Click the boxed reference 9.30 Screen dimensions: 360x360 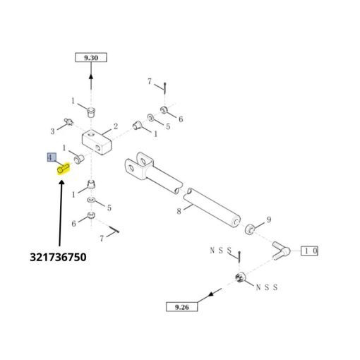pos(91,58)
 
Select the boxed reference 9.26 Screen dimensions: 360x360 pos(181,307)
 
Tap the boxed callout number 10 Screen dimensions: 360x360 pos(310,251)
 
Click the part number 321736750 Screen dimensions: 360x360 pos(58,257)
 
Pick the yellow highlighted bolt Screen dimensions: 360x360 pos(64,169)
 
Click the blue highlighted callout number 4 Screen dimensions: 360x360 pos(52,157)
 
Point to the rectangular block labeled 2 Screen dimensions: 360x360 pos(97,142)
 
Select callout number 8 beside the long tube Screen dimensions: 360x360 pos(179,211)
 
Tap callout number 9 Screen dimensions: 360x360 pos(269,220)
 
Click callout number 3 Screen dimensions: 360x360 pos(52,131)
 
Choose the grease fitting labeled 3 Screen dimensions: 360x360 pos(69,122)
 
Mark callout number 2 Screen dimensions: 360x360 pos(116,126)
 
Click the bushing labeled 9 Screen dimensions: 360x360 pos(249,229)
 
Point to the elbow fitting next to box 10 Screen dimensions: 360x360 pos(282,251)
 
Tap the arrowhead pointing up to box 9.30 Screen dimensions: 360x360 pos(91,77)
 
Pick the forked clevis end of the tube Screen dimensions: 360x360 pos(139,164)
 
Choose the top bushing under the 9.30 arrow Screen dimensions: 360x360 pos(91,112)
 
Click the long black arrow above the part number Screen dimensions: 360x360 pos(61,213)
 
